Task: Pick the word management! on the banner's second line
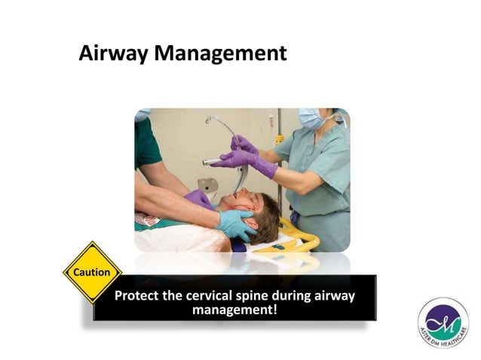pos(235,310)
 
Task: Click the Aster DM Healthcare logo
pos(443,322)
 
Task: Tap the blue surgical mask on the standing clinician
pos(311,118)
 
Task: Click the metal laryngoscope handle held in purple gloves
pos(213,161)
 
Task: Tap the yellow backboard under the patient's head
pos(302,237)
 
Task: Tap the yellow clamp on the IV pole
pos(278,139)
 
